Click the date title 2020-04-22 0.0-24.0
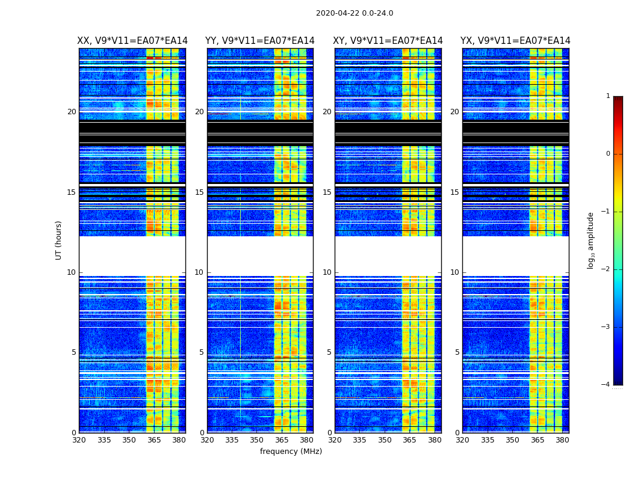click(x=355, y=13)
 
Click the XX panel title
click(x=132, y=41)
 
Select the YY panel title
click(x=260, y=41)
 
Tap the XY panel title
click(x=388, y=41)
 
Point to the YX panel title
click(x=515, y=41)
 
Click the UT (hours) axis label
click(x=59, y=240)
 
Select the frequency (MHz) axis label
click(x=291, y=452)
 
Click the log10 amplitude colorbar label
click(x=591, y=240)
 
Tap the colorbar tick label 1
click(x=608, y=96)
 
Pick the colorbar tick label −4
click(x=606, y=385)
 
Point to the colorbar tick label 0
click(x=608, y=154)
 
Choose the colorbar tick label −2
click(x=606, y=269)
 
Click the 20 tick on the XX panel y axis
click(x=72, y=112)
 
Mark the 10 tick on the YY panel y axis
click(x=199, y=272)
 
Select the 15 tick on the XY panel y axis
click(x=327, y=192)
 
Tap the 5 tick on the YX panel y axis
click(x=457, y=352)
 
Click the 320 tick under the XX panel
click(x=79, y=440)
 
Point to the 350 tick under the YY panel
click(x=257, y=440)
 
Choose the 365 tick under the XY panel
click(x=409, y=440)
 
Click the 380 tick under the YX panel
click(x=562, y=440)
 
